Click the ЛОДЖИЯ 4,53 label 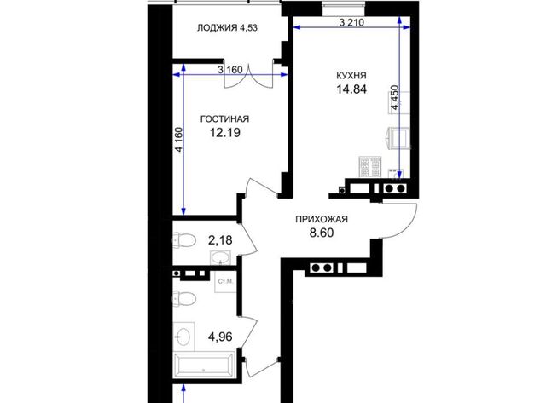point(227,28)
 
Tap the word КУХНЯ point(351,76)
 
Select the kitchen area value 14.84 point(351,89)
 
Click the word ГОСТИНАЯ point(224,119)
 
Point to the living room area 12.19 point(225,133)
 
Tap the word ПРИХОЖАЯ point(322,220)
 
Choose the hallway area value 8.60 point(322,233)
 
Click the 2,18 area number point(220,240)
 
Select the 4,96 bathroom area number point(220,337)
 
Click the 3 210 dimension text point(351,23)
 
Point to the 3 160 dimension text point(229,70)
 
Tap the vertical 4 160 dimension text point(179,140)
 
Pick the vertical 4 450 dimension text point(394,98)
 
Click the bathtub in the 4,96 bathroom point(204,365)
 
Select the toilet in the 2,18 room point(184,240)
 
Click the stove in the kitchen point(369,167)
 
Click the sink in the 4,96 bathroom point(183,337)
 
